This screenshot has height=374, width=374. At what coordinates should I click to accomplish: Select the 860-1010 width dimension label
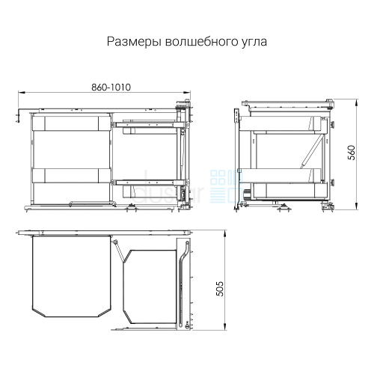(x=111, y=88)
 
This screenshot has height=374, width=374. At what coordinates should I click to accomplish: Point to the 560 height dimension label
(x=351, y=153)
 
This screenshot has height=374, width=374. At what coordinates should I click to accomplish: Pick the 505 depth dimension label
(x=220, y=289)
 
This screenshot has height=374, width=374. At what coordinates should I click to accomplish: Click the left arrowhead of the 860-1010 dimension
(x=22, y=93)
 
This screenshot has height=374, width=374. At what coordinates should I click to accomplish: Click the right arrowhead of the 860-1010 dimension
(x=187, y=93)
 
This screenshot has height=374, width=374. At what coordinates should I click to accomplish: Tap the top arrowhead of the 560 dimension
(x=357, y=102)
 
